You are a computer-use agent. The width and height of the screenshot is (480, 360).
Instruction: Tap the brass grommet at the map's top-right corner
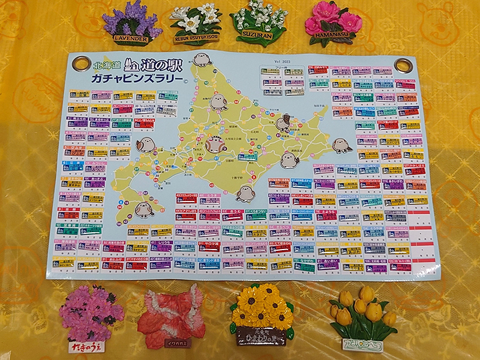pos(403,65)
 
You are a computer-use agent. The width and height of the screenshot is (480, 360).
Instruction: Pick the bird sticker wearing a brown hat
pos(283,124)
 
